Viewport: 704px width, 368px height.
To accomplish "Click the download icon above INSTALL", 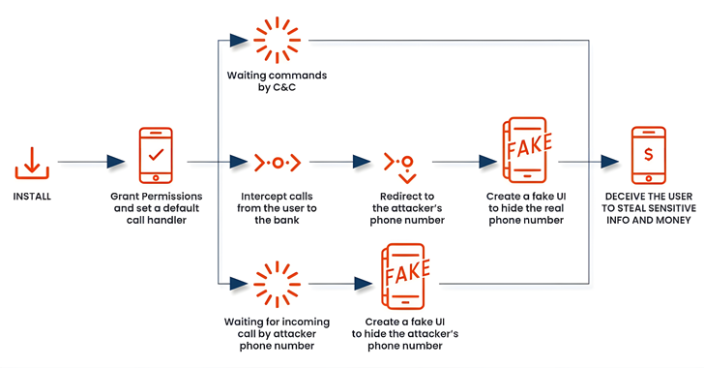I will pos(33,163).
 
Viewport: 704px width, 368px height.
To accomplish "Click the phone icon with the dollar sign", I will pos(647,156).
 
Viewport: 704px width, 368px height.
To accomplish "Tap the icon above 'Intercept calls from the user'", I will pos(277,162).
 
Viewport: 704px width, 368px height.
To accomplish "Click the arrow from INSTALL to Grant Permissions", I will pos(92,162).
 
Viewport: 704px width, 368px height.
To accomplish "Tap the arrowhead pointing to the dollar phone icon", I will pos(609,162).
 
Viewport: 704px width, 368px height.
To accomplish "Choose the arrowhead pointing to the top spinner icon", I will pos(230,41).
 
